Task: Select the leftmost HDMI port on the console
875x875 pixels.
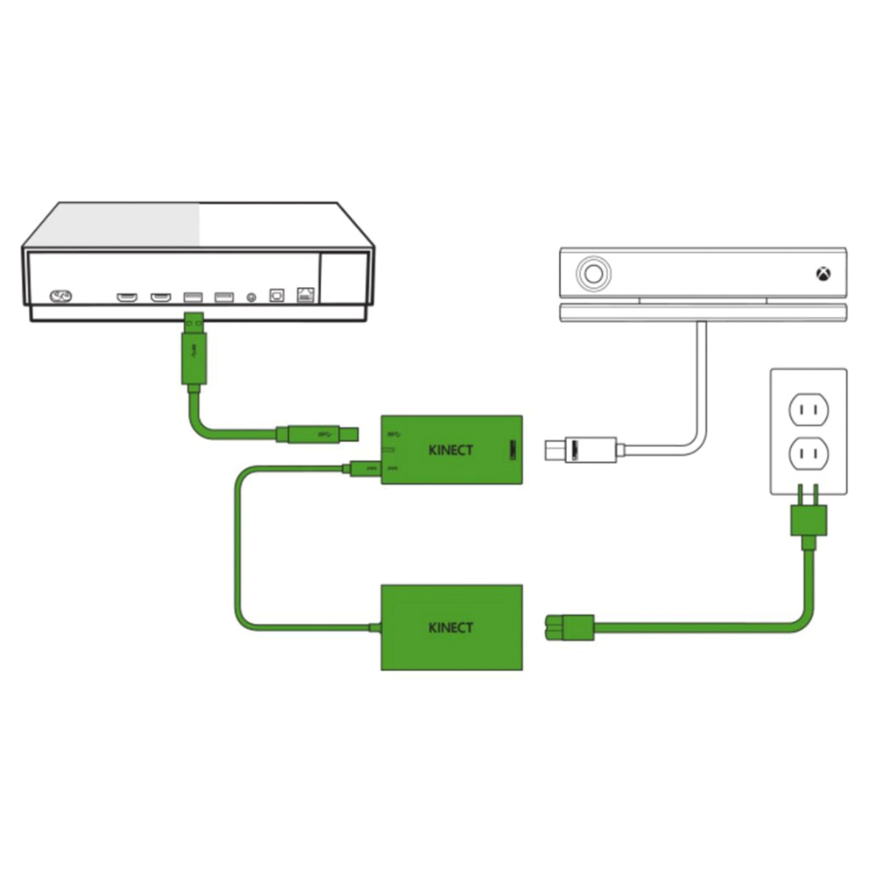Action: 127,297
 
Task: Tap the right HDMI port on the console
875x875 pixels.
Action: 159,297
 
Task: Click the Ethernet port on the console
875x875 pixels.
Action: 306,296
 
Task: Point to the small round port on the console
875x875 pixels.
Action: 253,297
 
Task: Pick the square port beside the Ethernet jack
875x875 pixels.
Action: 277,297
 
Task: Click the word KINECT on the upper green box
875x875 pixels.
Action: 451,451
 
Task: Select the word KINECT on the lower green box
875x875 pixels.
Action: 451,627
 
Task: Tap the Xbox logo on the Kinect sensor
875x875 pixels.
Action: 823,274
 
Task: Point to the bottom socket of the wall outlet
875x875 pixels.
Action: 808,454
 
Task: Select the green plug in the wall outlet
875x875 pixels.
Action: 808,522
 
